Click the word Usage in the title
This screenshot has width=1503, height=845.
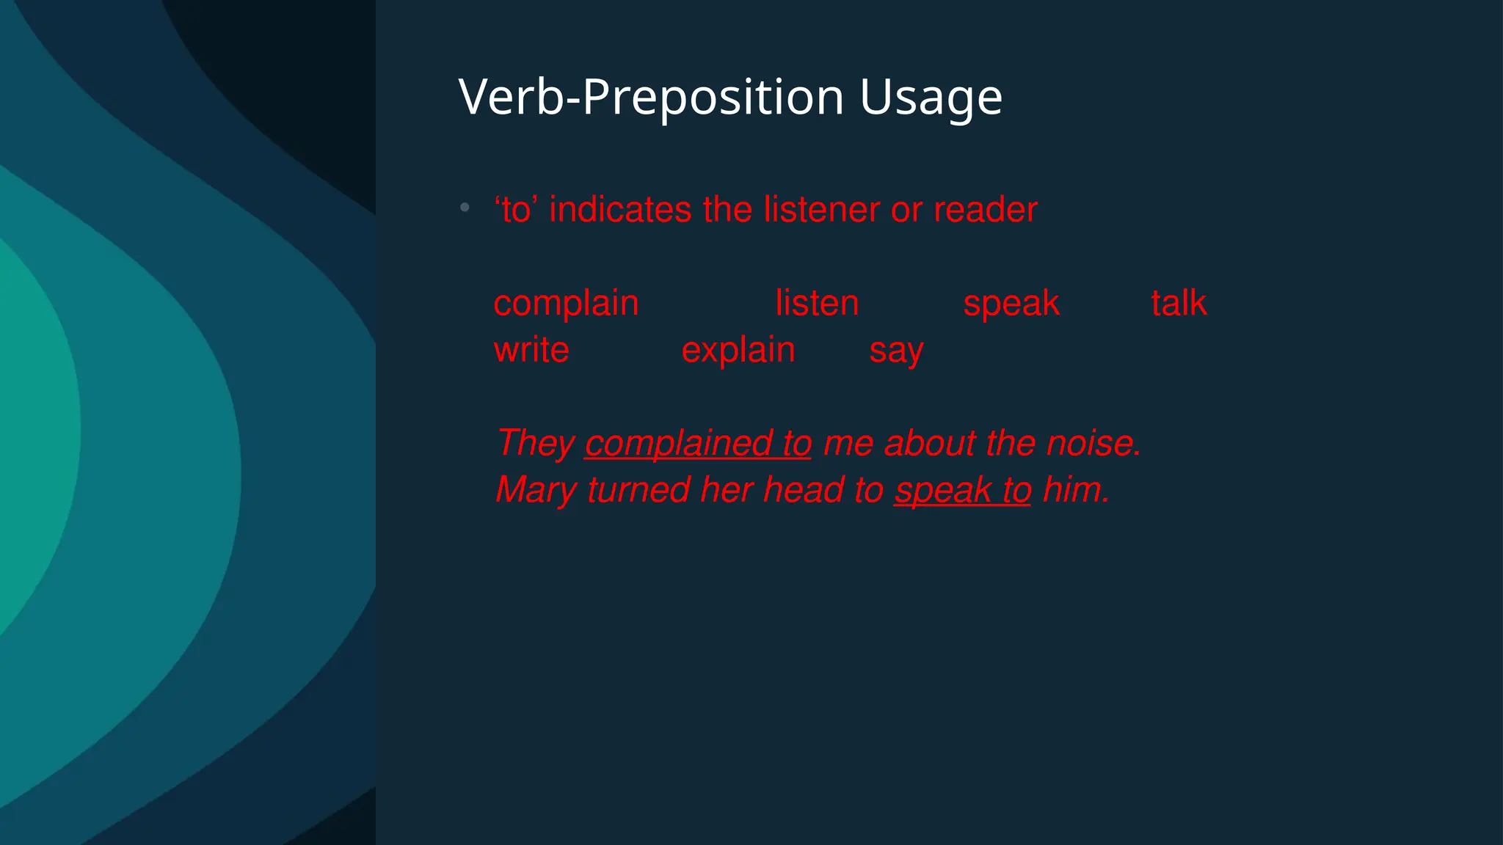click(x=931, y=98)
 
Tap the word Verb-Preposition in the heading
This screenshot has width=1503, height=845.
click(x=651, y=98)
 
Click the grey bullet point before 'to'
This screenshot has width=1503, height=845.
click(x=465, y=208)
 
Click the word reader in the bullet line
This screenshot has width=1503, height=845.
click(x=986, y=211)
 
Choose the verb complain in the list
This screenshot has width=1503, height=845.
click(x=566, y=304)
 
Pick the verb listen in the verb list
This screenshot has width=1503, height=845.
click(x=817, y=304)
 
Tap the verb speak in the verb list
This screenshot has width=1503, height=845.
click(x=1011, y=304)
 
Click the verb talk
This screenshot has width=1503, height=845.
click(x=1179, y=304)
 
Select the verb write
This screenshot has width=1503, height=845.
click(x=531, y=351)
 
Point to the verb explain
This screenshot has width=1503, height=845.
click(x=738, y=351)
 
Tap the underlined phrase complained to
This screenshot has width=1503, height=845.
click(x=698, y=444)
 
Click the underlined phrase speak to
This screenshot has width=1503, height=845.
click(x=963, y=490)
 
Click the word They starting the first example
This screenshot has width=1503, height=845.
click(x=535, y=444)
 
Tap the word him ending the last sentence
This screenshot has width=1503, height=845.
click(x=1075, y=490)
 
